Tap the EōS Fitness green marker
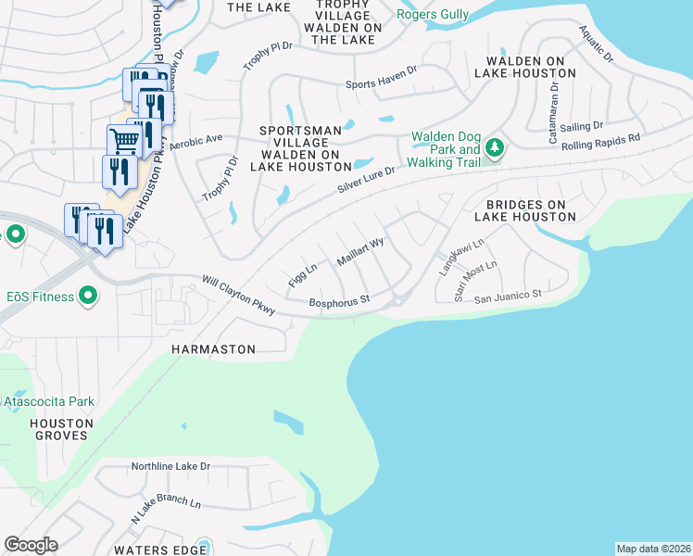(88, 297)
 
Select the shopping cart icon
(122, 142)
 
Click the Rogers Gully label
(432, 14)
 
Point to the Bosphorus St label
(339, 300)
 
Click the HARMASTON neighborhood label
(213, 348)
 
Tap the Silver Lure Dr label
(366, 181)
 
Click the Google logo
(31, 544)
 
